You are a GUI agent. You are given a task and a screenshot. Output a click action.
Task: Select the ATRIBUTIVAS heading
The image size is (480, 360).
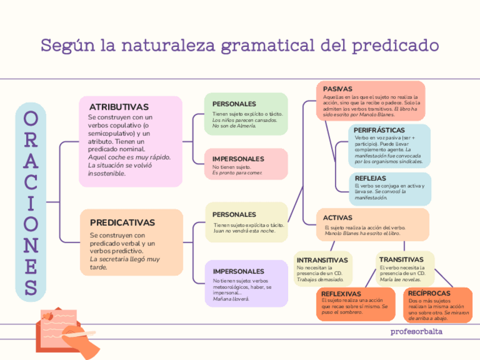click(119, 107)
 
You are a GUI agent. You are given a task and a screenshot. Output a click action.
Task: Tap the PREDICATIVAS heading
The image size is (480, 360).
click(122, 222)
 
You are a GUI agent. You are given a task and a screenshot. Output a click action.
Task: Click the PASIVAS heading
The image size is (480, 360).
click(337, 89)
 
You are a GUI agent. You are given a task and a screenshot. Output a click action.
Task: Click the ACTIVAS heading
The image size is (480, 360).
click(337, 217)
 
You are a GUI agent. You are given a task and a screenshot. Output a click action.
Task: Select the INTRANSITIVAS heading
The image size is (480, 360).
click(323, 260)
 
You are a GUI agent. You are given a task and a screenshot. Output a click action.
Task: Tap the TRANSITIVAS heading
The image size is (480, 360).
click(401, 259)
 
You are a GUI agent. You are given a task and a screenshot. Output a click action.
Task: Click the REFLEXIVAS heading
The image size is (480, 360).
click(341, 294)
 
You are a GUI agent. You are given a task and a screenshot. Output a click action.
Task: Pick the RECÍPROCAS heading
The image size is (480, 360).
click(429, 293)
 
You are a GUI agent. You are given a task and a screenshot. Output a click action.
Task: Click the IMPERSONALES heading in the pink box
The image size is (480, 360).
click(238, 159)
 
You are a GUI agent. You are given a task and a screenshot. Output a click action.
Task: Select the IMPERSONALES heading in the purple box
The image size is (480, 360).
click(238, 272)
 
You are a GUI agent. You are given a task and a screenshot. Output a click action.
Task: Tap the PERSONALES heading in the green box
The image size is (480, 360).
click(234, 104)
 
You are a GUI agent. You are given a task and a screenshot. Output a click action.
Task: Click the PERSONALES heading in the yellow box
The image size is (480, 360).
click(234, 215)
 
